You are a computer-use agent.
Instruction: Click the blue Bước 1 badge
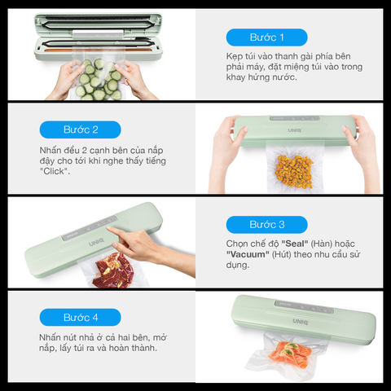click(266, 37)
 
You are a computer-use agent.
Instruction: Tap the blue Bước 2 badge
click(81, 130)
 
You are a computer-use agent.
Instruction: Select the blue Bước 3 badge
click(266, 225)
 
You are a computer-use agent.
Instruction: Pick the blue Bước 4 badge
click(81, 317)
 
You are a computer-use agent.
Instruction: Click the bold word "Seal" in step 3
click(295, 244)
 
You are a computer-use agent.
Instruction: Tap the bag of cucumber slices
click(99, 79)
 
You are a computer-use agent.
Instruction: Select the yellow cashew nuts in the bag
click(294, 172)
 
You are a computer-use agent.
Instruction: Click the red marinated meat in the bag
click(113, 270)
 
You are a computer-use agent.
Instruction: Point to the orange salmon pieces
click(290, 354)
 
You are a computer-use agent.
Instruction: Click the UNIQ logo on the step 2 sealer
click(295, 130)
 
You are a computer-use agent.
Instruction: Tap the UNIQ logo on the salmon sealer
click(301, 322)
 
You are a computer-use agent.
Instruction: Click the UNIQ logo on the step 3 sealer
click(96, 242)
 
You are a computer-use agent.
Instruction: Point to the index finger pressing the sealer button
click(116, 232)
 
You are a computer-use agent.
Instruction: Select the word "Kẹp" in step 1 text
click(235, 56)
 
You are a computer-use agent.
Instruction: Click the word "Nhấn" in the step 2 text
click(51, 150)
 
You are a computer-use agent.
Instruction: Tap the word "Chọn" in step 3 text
click(236, 244)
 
